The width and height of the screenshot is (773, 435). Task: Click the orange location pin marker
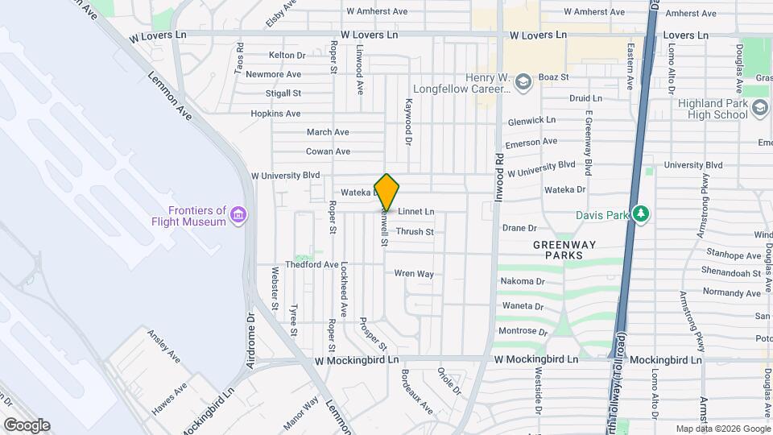pos(387,193)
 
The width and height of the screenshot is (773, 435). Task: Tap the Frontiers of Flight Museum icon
pos(238,215)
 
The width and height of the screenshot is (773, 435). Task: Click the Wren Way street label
pos(414,274)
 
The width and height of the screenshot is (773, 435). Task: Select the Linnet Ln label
pos(415,212)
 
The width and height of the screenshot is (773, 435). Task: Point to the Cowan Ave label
pos(328,151)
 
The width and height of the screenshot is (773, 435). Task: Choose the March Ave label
pos(328,132)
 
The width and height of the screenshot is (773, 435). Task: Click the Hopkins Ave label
pos(275,114)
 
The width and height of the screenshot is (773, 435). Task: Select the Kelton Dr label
pos(287,55)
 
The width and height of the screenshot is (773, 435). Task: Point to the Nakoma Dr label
pos(523,281)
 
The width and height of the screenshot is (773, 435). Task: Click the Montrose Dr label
pos(523,331)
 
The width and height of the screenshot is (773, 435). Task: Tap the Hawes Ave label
pos(169,398)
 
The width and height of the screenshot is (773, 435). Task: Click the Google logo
pos(27,425)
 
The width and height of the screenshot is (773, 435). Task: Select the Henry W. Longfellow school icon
pos(524,82)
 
